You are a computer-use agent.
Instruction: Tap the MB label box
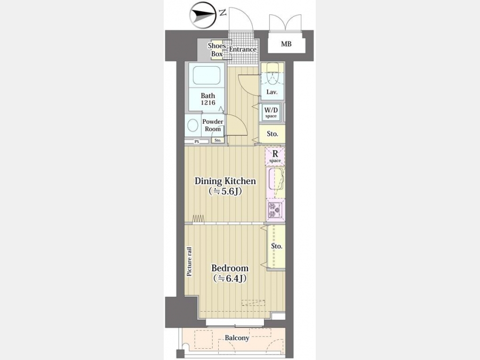point(286,44)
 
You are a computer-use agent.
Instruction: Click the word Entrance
point(243,49)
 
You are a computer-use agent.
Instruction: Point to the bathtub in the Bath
point(206,75)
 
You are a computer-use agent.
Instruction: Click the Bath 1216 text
point(208,99)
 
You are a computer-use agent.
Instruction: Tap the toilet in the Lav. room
point(272,74)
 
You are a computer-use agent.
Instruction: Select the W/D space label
point(271,113)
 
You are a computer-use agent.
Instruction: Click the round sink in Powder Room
point(193,125)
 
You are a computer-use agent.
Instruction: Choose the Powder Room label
point(213,125)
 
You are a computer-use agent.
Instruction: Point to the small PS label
point(197,142)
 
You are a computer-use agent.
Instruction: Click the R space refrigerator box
point(275,156)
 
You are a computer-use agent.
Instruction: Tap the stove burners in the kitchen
point(274,210)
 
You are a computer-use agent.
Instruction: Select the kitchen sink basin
point(275,179)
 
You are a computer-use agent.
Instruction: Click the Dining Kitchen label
point(225,186)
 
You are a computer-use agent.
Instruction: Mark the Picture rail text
point(189,262)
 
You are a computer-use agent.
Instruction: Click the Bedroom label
point(230,273)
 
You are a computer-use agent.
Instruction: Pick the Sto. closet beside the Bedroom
point(276,247)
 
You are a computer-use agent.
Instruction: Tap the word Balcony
point(237,338)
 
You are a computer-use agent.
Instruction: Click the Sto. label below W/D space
point(273,134)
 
